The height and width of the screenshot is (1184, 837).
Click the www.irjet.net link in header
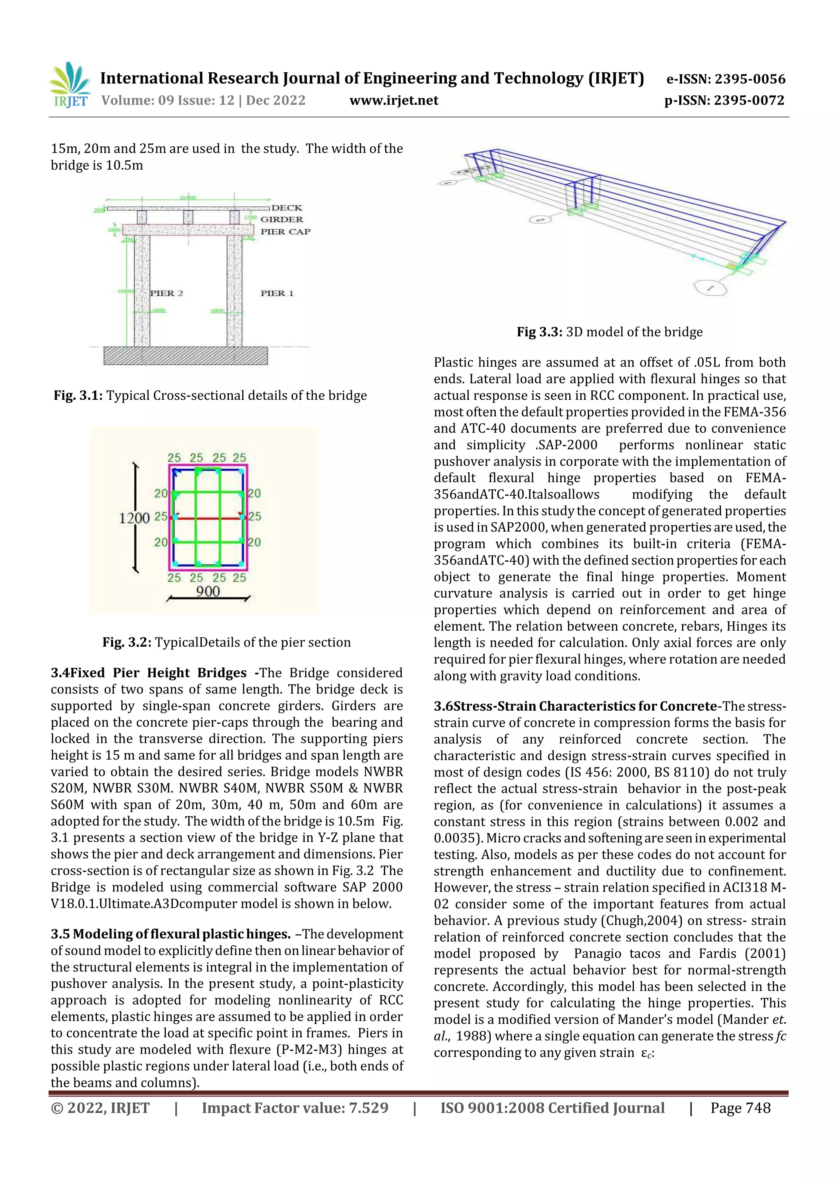click(394, 101)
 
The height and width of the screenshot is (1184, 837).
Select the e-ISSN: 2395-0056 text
click(725, 79)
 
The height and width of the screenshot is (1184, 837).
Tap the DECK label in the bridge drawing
click(287, 208)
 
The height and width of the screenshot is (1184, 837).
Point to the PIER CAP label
click(285, 232)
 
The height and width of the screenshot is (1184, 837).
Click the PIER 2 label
click(166, 293)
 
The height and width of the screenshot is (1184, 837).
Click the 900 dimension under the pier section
click(208, 591)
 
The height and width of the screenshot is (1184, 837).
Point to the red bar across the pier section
click(208, 518)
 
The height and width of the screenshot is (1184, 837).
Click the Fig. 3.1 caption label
click(78, 396)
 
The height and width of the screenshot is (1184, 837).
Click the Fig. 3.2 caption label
click(127, 642)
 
